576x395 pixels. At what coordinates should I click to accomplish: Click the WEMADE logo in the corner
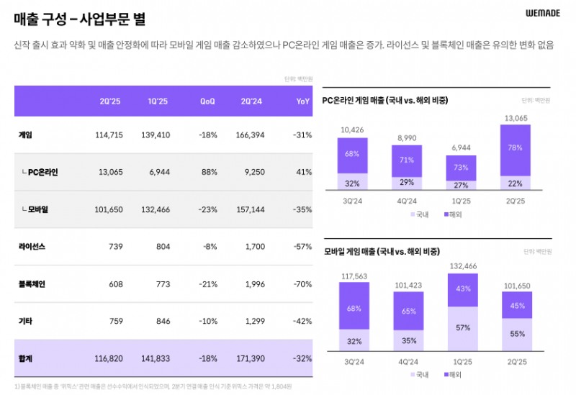click(x=543, y=13)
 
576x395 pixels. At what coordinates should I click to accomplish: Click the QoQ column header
click(x=207, y=101)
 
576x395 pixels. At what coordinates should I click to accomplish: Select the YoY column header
click(x=302, y=101)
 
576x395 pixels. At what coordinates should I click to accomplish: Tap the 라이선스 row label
click(x=32, y=247)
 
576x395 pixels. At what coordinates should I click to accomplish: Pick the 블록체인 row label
click(x=32, y=284)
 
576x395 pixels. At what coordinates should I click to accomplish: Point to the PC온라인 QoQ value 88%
click(x=209, y=172)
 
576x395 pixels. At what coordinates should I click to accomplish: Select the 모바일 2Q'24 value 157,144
click(x=251, y=209)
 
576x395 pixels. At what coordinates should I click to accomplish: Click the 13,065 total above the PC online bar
click(x=516, y=118)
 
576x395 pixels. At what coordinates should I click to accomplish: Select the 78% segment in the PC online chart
click(x=516, y=147)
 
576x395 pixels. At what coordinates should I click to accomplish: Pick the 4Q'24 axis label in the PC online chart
click(x=408, y=201)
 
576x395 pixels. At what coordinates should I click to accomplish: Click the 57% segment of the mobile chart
click(x=462, y=327)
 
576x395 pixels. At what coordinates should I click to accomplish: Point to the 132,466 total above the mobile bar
click(x=462, y=266)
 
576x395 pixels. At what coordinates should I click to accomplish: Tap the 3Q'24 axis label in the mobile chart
click(x=353, y=361)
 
